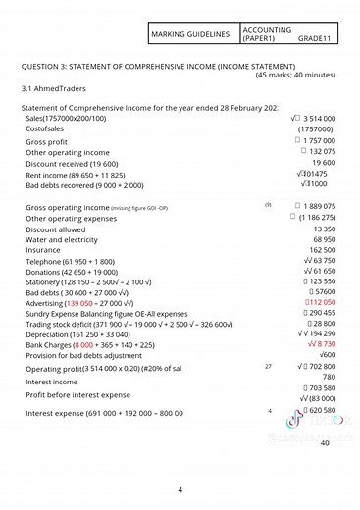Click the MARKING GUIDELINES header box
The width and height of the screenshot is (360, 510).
190,34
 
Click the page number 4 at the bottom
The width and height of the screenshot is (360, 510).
180,488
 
